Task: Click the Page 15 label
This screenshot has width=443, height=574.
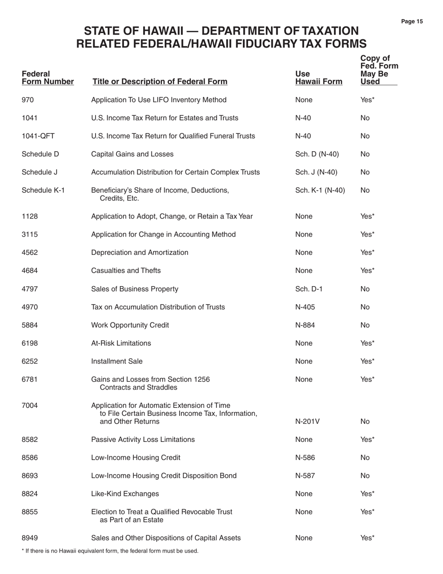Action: pyautogui.click(x=412, y=21)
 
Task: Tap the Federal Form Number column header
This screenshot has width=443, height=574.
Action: pyautogui.click(x=48, y=78)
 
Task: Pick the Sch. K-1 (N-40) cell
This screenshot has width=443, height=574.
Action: pyautogui.click(x=320, y=190)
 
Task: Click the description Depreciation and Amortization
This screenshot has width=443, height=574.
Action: pyautogui.click(x=139, y=252)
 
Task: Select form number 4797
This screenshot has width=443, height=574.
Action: pyautogui.click(x=30, y=289)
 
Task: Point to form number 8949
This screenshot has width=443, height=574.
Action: pyautogui.click(x=30, y=538)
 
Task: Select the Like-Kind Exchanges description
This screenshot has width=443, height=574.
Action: pyautogui.click(x=125, y=494)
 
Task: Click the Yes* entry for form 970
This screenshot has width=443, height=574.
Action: pyautogui.click(x=367, y=99)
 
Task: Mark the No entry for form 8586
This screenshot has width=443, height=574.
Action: pyautogui.click(x=365, y=457)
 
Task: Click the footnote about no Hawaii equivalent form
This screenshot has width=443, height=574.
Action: pyautogui.click(x=110, y=551)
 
